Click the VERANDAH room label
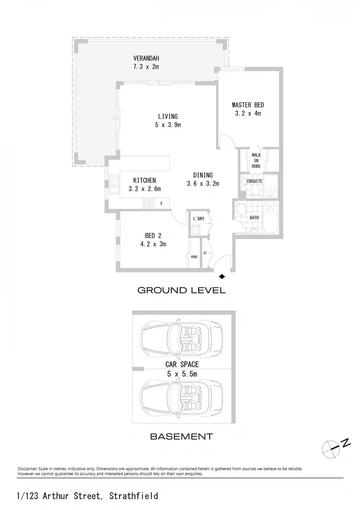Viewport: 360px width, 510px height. point(146,59)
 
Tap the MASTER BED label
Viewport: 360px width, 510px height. point(248,105)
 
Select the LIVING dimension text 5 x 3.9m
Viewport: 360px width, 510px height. point(168,125)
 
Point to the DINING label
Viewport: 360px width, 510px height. point(203,175)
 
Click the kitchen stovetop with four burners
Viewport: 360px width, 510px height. point(148,204)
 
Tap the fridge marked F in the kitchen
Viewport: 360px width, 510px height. point(162,204)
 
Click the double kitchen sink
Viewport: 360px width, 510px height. point(114,185)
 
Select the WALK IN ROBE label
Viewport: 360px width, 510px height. point(256,161)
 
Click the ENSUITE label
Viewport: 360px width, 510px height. point(254,181)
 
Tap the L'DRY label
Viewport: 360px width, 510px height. point(199,219)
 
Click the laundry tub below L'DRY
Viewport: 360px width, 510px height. point(195,231)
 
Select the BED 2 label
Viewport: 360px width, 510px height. point(153,236)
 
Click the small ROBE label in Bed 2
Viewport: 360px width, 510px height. point(194,257)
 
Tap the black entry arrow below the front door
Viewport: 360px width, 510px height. point(222,276)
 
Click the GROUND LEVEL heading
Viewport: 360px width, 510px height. point(181,290)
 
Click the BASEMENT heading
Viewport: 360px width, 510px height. point(181,436)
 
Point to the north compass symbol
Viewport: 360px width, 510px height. point(335,448)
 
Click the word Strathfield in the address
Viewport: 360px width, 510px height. point(133,496)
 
